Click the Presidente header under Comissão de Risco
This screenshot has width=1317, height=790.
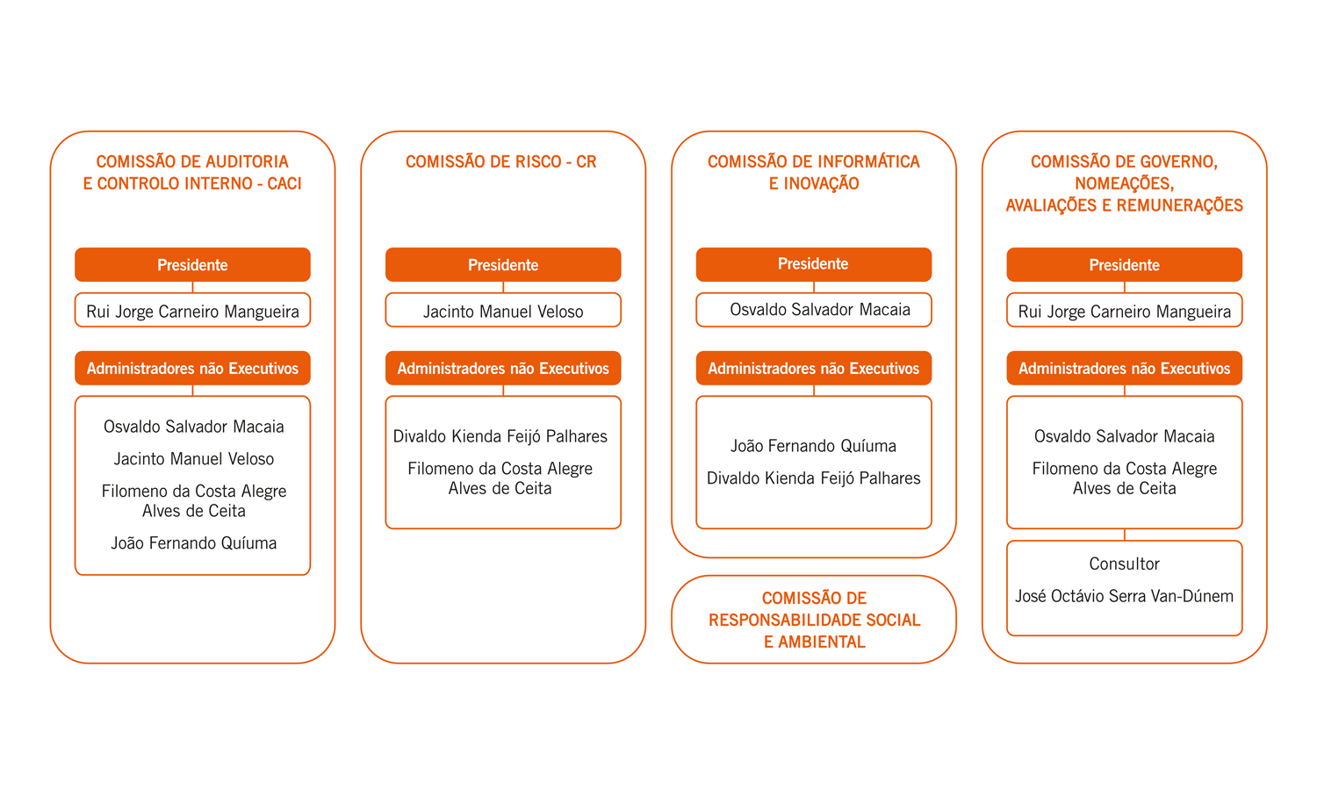(x=503, y=264)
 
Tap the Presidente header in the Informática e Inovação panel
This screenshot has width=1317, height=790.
(x=814, y=264)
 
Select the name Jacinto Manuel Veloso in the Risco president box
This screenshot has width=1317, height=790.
(x=503, y=311)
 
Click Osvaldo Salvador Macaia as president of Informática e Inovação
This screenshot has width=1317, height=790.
(x=820, y=309)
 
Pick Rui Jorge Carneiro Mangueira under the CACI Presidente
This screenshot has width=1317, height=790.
(x=193, y=311)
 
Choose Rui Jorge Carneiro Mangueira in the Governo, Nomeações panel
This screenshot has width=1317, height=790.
(x=1124, y=311)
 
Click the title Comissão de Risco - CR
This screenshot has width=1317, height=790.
(x=501, y=162)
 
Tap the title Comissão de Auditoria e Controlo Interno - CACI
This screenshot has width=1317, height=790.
(x=192, y=172)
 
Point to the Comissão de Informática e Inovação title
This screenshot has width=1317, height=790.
(x=814, y=172)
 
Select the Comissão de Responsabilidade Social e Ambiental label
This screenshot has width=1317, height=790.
(x=814, y=620)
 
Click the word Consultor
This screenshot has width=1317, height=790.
(x=1124, y=564)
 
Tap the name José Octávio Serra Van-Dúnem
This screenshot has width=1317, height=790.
(x=1124, y=596)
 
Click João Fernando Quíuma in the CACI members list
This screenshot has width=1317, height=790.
(x=194, y=542)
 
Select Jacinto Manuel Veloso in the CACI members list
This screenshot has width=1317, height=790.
(x=194, y=458)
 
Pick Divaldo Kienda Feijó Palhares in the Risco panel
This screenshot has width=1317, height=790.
(x=500, y=436)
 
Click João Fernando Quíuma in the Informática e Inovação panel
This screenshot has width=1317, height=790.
(x=814, y=446)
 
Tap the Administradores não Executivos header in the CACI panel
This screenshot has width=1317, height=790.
(x=193, y=368)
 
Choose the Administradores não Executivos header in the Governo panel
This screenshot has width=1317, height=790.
(x=1124, y=368)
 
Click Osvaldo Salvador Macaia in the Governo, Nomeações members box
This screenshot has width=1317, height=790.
(x=1124, y=436)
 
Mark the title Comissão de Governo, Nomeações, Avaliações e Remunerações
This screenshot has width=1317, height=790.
(x=1124, y=183)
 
